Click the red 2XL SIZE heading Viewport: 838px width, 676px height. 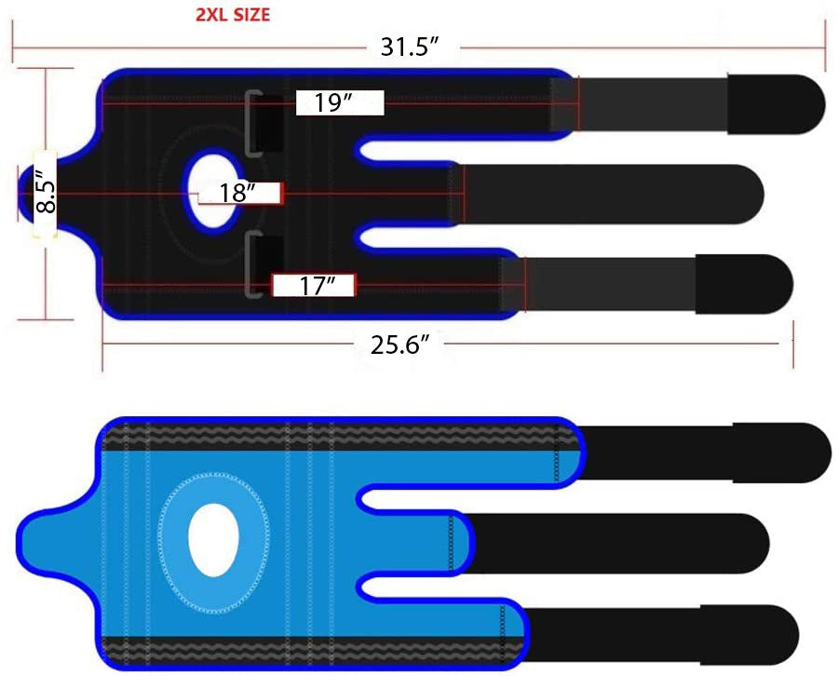point(233,14)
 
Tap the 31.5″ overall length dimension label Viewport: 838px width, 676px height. point(410,47)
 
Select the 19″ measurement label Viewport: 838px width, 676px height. point(332,102)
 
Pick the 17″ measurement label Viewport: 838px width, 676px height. point(317,286)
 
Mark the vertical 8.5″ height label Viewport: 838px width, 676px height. point(46,194)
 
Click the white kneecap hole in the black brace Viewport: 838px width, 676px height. point(212,191)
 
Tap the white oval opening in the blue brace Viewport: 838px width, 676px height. point(213,540)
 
